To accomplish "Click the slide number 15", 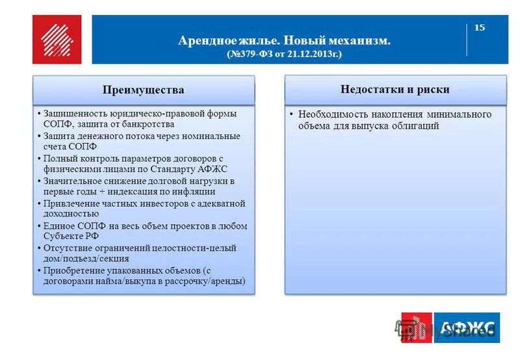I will click(x=480, y=27).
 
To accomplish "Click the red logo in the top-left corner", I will click(x=57, y=40).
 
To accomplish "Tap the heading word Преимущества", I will click(x=143, y=90).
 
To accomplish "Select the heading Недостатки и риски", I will click(x=395, y=90).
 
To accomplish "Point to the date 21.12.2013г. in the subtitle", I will click(x=310, y=54).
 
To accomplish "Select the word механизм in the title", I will click(x=359, y=41).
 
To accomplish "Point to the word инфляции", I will click(x=196, y=192).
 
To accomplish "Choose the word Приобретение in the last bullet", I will click(x=71, y=270).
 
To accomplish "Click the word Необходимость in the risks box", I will click(x=328, y=114).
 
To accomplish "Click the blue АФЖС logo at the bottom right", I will click(x=467, y=327).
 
